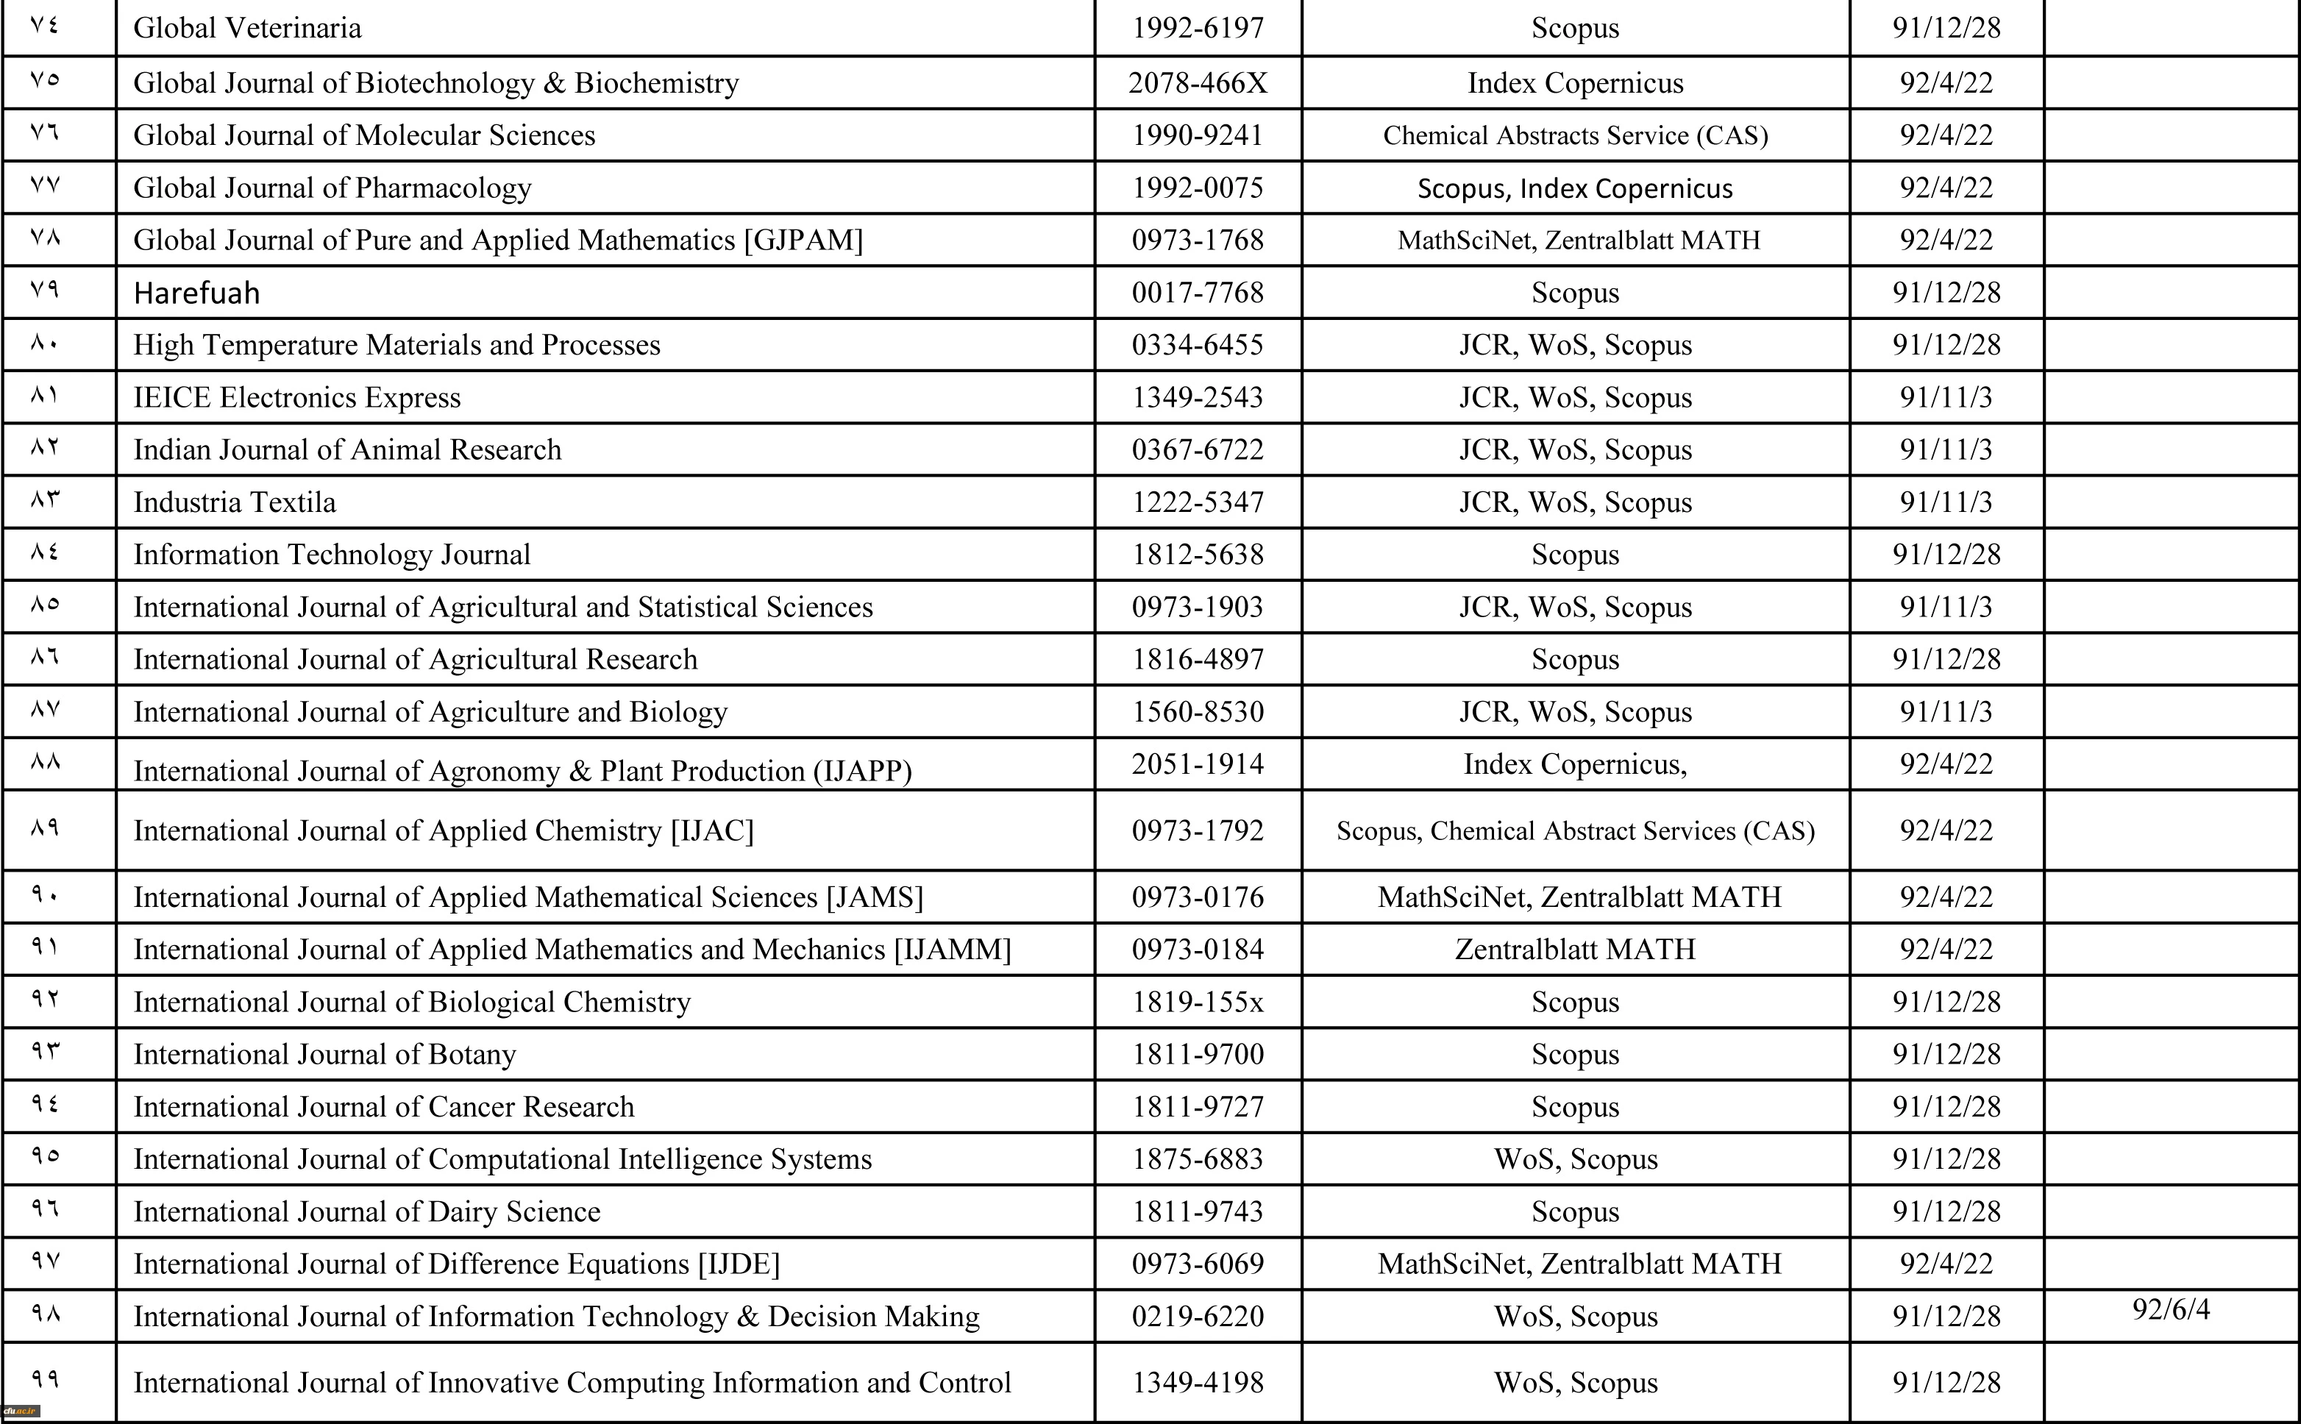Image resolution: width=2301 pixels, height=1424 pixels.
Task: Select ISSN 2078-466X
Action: (1198, 83)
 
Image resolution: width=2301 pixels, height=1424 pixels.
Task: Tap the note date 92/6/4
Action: (2171, 1309)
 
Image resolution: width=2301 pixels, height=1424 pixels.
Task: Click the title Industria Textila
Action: (235, 502)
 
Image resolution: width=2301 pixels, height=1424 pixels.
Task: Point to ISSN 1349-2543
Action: (1198, 397)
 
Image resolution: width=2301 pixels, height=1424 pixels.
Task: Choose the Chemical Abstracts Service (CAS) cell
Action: (1575, 135)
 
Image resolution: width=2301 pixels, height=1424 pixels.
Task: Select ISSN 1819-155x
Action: (1198, 1001)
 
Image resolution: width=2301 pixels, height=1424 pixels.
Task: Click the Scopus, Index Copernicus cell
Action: (1575, 188)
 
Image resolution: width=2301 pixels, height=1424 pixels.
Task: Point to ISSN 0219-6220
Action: (1198, 1316)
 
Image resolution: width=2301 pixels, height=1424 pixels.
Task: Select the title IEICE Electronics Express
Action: (296, 397)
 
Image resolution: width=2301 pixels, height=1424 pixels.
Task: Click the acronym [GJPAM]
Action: (803, 241)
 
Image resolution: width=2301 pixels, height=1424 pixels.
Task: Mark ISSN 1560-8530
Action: (1198, 711)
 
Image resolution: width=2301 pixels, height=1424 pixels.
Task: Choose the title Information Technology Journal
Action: (332, 554)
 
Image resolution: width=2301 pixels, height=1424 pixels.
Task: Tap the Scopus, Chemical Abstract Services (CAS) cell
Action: (1575, 830)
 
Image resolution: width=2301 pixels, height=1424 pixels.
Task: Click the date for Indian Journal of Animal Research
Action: (1946, 449)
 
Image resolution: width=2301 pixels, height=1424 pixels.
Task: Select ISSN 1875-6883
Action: (1198, 1158)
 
